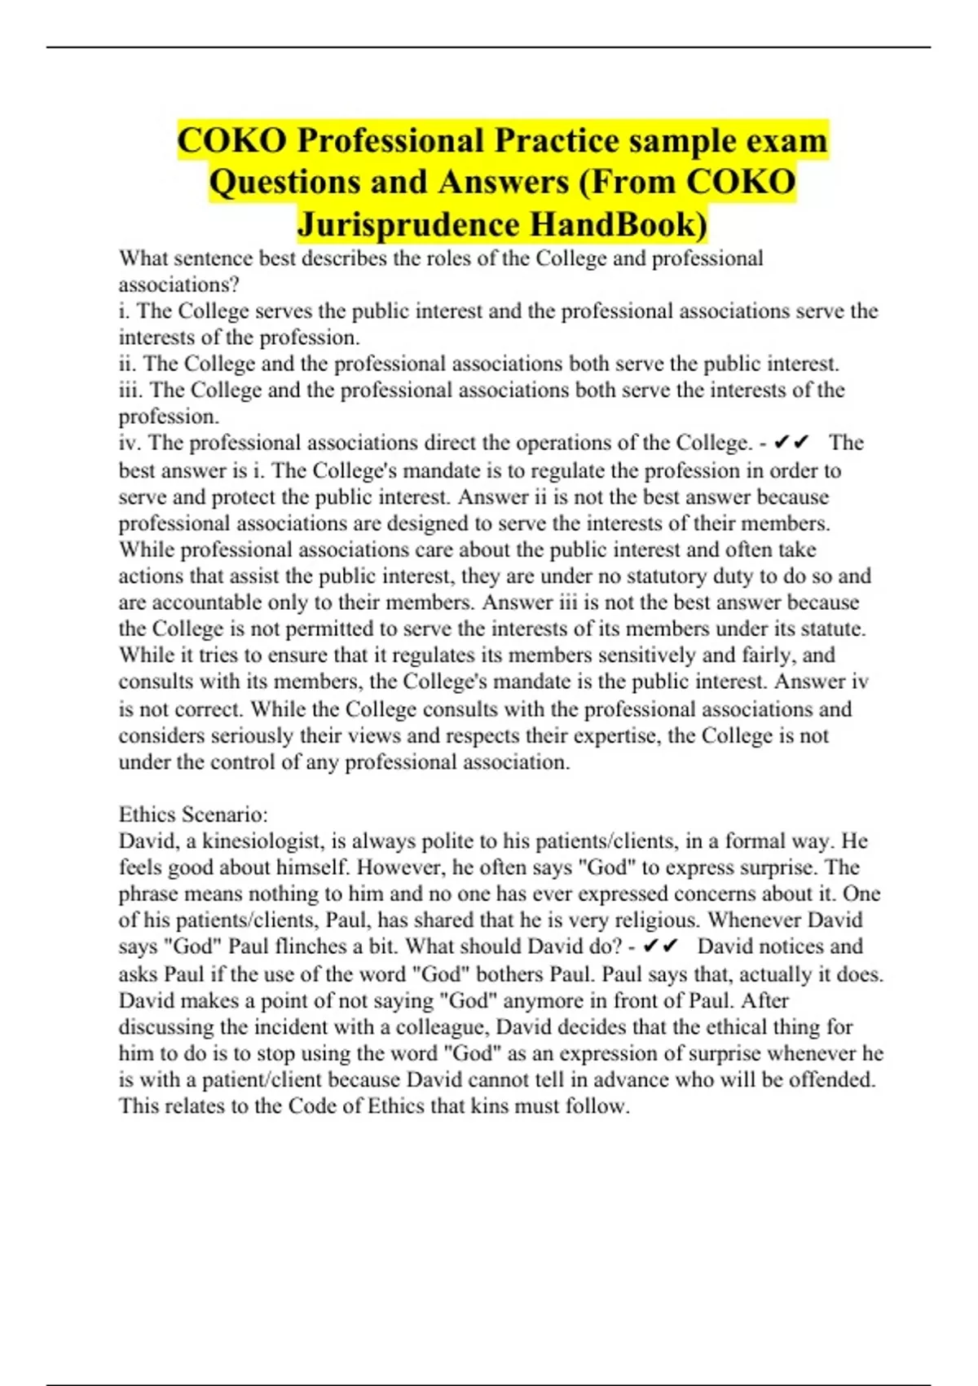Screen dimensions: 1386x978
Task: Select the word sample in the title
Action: (667, 140)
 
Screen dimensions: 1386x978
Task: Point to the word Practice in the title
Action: (557, 140)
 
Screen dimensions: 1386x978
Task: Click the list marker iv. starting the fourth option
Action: (130, 443)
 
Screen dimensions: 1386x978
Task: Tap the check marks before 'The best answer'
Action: (791, 443)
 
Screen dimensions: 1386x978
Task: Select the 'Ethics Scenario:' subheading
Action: (193, 814)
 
